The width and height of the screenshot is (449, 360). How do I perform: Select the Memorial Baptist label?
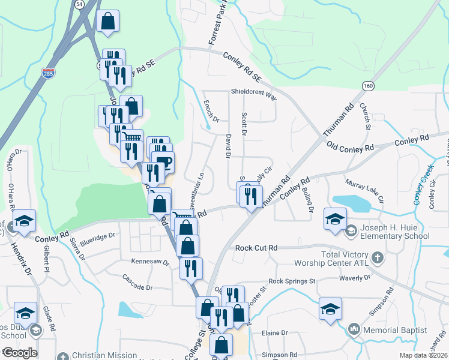pyautogui.click(x=395, y=329)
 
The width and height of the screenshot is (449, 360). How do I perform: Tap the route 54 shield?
pyautogui.click(x=80, y=4)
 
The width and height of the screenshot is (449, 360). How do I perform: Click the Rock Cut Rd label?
pyautogui.click(x=256, y=248)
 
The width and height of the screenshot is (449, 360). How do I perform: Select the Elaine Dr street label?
pyautogui.click(x=274, y=332)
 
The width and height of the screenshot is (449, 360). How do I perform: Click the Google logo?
pyautogui.click(x=19, y=353)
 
